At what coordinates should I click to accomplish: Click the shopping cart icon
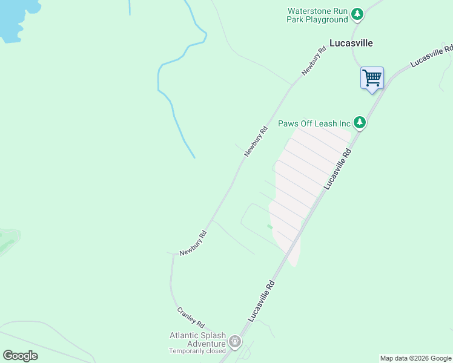[372, 77]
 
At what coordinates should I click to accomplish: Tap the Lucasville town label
[351, 43]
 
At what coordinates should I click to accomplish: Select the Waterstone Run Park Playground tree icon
[357, 13]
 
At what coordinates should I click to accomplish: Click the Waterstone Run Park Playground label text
[317, 15]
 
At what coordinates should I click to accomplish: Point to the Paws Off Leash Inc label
[314, 123]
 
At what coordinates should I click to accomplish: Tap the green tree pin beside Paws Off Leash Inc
[360, 123]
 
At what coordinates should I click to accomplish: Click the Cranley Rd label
[191, 316]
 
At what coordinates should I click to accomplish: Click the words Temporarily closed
[197, 351]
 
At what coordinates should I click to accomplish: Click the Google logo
[21, 356]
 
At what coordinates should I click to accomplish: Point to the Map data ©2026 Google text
[415, 358]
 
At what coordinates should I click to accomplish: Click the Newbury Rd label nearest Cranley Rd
[193, 242]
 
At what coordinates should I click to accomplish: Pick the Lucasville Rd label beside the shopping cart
[431, 55]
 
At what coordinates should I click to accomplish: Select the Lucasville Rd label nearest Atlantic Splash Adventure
[261, 301]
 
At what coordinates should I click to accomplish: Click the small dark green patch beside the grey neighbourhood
[269, 227]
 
